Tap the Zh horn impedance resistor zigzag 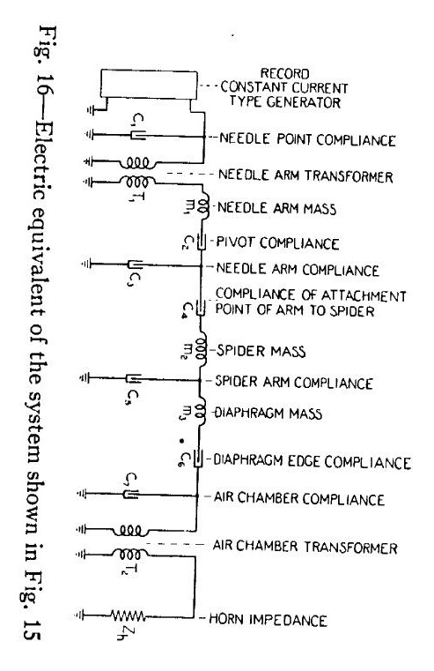point(128,616)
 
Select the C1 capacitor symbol point(138,136)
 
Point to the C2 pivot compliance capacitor point(201,242)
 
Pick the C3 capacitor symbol point(135,265)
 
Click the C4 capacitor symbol point(201,307)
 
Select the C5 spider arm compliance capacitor point(133,378)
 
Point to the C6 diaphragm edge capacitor point(198,459)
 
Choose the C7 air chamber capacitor point(130,495)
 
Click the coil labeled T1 point(137,182)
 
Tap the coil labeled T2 point(130,555)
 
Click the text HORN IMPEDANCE point(268,620)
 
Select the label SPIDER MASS point(261,351)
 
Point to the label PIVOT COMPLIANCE point(277,242)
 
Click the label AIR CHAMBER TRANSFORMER point(305,547)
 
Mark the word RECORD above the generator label point(285,73)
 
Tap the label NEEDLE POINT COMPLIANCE point(307,139)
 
